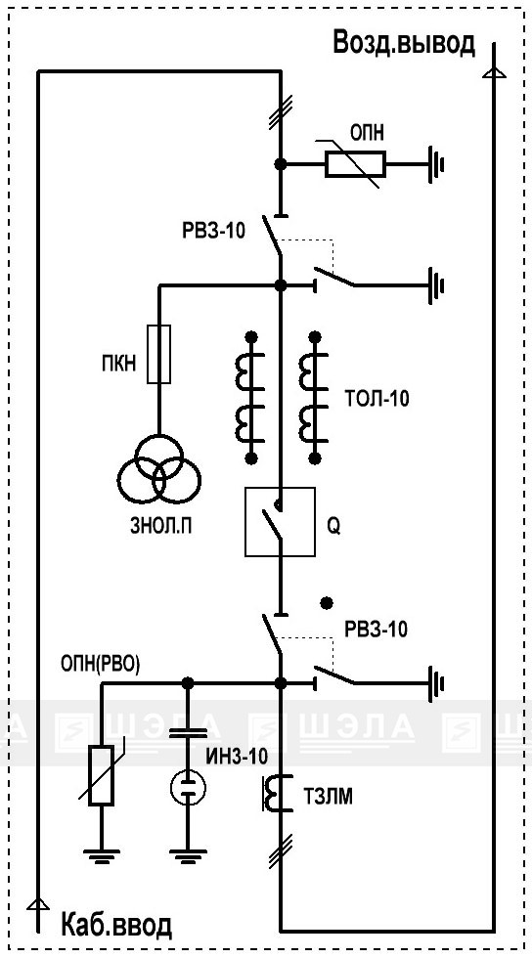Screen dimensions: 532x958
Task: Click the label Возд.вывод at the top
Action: [x=404, y=43]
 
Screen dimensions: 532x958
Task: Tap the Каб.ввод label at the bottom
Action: [x=116, y=927]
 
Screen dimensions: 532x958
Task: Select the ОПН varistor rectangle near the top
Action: [x=355, y=164]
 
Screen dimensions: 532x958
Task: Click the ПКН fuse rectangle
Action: [x=159, y=354]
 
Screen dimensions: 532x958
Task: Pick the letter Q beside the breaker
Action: [x=333, y=527]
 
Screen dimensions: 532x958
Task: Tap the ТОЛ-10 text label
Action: [x=377, y=400]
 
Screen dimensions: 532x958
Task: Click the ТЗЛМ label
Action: [x=328, y=797]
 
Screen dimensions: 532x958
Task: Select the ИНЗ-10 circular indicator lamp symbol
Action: [x=188, y=788]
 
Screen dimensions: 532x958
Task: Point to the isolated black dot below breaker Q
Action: [x=328, y=603]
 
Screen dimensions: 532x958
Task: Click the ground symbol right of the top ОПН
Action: [x=435, y=164]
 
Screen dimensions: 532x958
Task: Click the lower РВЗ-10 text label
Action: [x=377, y=630]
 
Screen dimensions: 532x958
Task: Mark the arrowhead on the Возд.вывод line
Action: [x=494, y=73]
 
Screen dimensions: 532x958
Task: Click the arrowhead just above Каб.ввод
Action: [x=38, y=904]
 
